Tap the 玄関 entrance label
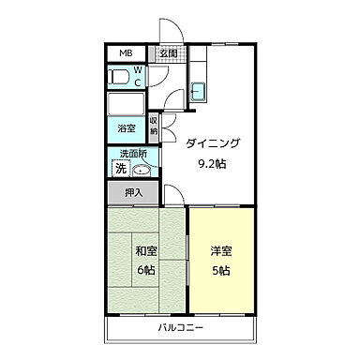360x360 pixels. (x=168, y=53)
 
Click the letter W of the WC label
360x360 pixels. (x=137, y=70)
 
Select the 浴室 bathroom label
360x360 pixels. (x=126, y=127)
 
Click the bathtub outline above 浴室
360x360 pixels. (x=126, y=103)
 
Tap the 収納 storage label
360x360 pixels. (x=154, y=125)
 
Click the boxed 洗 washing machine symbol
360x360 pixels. (x=120, y=169)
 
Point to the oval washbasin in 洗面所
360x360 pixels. (x=142, y=170)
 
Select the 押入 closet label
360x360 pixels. (x=134, y=193)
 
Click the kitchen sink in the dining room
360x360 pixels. (x=199, y=92)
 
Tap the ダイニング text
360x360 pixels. (x=213, y=142)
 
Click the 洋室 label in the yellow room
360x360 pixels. (x=221, y=251)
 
